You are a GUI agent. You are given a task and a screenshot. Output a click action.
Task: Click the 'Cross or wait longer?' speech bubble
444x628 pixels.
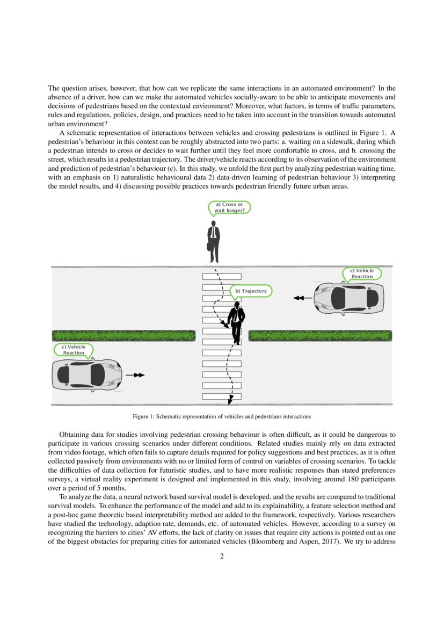(229, 207)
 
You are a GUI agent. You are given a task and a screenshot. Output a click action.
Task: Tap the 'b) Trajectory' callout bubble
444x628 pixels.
(251, 291)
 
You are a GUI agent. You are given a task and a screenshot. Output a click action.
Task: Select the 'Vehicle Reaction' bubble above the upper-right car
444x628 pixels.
(362, 273)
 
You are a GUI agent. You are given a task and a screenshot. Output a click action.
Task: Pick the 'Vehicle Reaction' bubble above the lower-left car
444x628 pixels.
(74, 350)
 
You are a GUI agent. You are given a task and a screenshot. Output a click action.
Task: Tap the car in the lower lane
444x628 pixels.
(86, 374)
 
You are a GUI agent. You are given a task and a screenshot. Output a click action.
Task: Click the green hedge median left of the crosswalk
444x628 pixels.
(123, 336)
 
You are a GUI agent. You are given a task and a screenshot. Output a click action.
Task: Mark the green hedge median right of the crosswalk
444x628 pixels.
(320, 336)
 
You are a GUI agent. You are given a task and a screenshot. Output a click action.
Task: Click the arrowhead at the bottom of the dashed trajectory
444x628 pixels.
(231, 400)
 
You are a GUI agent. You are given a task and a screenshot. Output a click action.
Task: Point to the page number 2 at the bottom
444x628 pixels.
(222, 556)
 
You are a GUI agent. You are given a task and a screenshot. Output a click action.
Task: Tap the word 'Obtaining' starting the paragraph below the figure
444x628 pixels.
(74, 434)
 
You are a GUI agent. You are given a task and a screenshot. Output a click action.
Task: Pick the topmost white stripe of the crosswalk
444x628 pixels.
(221, 276)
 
